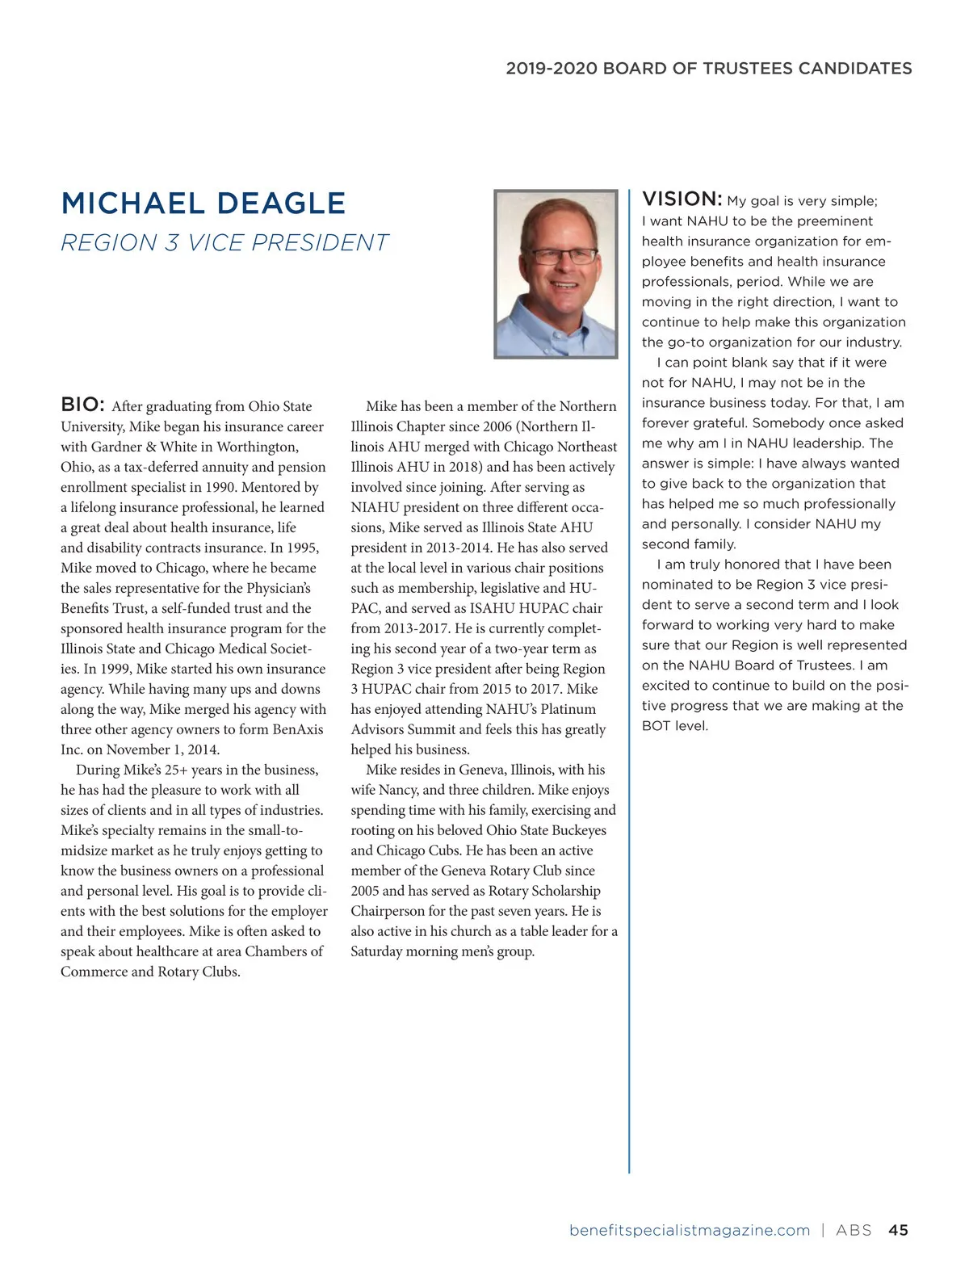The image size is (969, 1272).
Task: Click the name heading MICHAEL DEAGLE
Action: coord(203,204)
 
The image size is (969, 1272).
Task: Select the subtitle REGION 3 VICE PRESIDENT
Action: coord(224,243)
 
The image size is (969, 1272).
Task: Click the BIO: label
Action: coord(82,405)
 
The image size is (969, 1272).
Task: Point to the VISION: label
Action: coord(682,199)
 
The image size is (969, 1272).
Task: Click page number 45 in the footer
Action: coord(898,1230)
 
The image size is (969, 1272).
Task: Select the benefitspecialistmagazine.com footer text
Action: coord(689,1230)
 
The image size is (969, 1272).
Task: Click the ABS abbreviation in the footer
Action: coord(854,1230)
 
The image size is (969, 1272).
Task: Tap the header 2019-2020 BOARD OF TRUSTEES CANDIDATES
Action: coord(708,69)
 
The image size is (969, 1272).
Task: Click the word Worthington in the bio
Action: coord(258,447)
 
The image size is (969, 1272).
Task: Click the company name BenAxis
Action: coord(297,729)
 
